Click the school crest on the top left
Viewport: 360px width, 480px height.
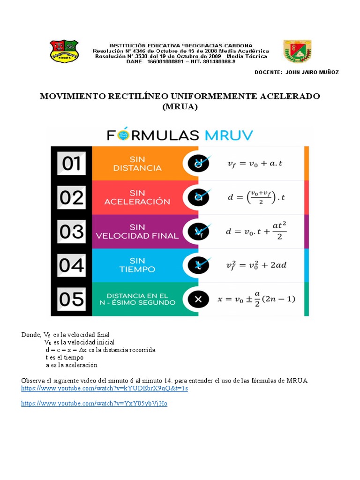[64, 52]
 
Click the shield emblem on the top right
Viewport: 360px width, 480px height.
[296, 51]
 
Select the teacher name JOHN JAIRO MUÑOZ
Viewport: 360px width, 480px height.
[310, 72]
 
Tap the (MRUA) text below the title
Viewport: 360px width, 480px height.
[180, 107]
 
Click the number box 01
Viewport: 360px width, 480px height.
[71, 164]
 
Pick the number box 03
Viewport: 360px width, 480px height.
[71, 231]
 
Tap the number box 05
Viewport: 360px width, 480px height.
[71, 299]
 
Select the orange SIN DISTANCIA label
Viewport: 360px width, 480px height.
[137, 164]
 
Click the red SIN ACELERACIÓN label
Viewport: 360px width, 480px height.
[137, 197]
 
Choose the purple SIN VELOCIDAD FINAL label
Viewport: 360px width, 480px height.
[137, 231]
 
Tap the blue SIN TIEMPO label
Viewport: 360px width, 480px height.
[137, 265]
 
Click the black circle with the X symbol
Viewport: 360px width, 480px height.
[198, 299]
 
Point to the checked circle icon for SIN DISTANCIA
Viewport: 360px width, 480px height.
[199, 163]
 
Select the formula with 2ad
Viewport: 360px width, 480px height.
[256, 265]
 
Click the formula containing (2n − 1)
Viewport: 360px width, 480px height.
[256, 299]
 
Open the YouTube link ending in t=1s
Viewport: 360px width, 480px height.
[105, 389]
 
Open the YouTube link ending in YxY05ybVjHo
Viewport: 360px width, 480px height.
[94, 404]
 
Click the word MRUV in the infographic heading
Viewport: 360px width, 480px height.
[228, 135]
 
